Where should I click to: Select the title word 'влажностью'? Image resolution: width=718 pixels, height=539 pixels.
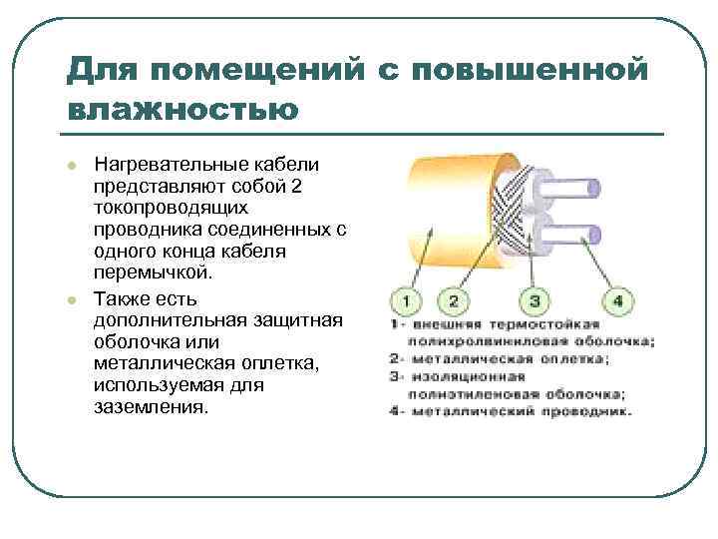[182, 108]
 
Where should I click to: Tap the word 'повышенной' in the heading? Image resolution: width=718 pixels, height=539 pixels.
[538, 71]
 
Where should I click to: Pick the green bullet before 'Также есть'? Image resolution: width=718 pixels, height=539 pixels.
[72, 300]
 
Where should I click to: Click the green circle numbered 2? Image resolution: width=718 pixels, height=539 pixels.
[453, 300]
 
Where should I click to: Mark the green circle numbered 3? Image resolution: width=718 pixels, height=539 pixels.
[535, 300]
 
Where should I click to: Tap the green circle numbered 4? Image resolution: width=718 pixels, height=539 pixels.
[617, 300]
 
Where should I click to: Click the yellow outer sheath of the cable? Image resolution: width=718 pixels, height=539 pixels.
[439, 215]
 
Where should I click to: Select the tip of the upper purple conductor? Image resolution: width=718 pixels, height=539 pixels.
[594, 187]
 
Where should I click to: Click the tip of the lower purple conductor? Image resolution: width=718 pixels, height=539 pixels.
[594, 236]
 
